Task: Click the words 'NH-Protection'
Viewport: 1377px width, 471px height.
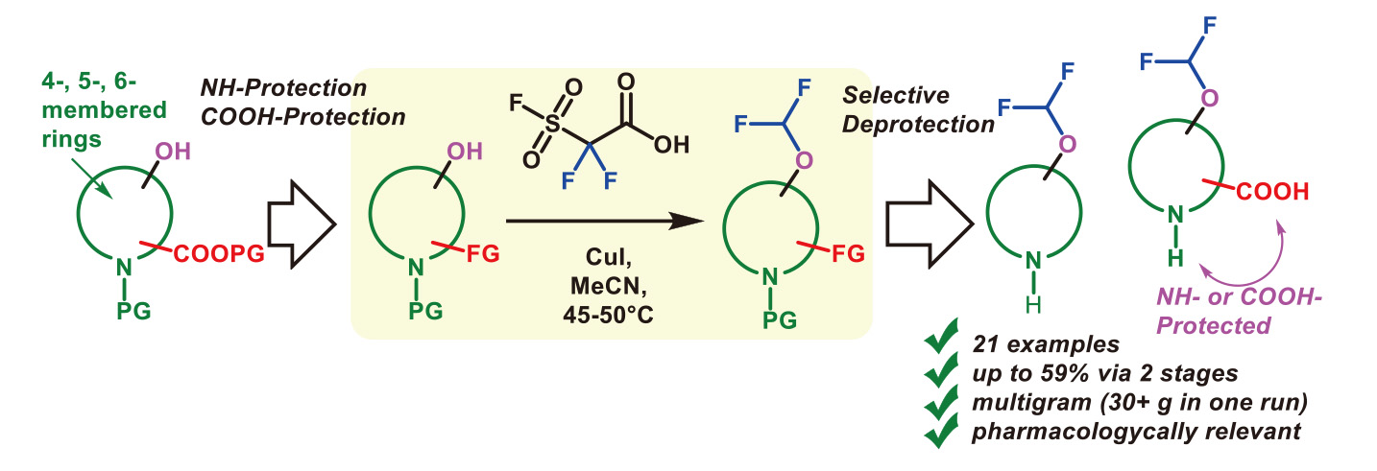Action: (x=282, y=88)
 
